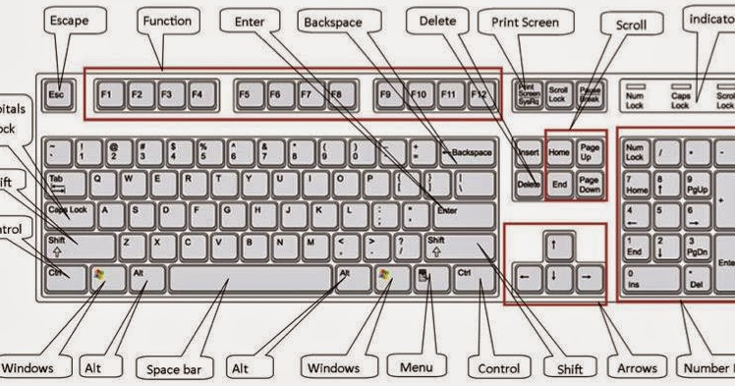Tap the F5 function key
(x=245, y=95)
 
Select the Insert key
(x=529, y=152)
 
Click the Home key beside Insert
(x=559, y=152)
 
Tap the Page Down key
(x=590, y=184)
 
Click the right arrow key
(x=588, y=276)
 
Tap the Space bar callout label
(x=176, y=368)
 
